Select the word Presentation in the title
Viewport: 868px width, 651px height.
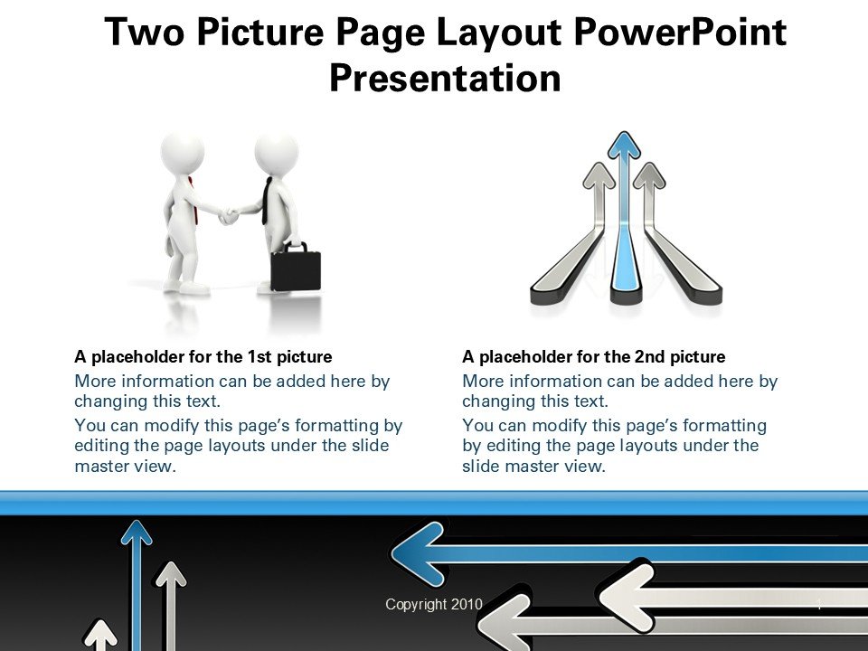(x=445, y=78)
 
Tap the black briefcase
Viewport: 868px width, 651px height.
(x=296, y=269)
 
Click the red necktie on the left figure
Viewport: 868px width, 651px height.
(x=193, y=201)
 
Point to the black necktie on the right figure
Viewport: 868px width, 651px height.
(x=268, y=201)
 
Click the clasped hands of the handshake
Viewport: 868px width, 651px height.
(x=228, y=215)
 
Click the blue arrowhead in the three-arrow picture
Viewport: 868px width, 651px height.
(x=624, y=145)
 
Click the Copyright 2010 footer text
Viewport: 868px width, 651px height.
(x=434, y=604)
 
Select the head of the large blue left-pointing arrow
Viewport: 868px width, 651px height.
(x=418, y=553)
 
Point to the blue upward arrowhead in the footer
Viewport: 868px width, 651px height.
(x=137, y=532)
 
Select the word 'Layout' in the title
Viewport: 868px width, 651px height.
(x=499, y=33)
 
